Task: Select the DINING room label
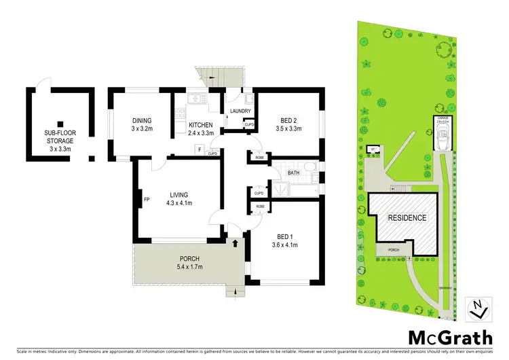coord(141,120)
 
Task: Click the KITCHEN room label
coord(201,124)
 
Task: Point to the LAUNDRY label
coord(241,111)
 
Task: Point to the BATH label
coord(294,173)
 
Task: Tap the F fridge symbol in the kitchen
coord(200,148)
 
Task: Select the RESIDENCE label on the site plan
coord(407,218)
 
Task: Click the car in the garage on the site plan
coord(443,142)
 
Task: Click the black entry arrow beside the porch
coord(235,241)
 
